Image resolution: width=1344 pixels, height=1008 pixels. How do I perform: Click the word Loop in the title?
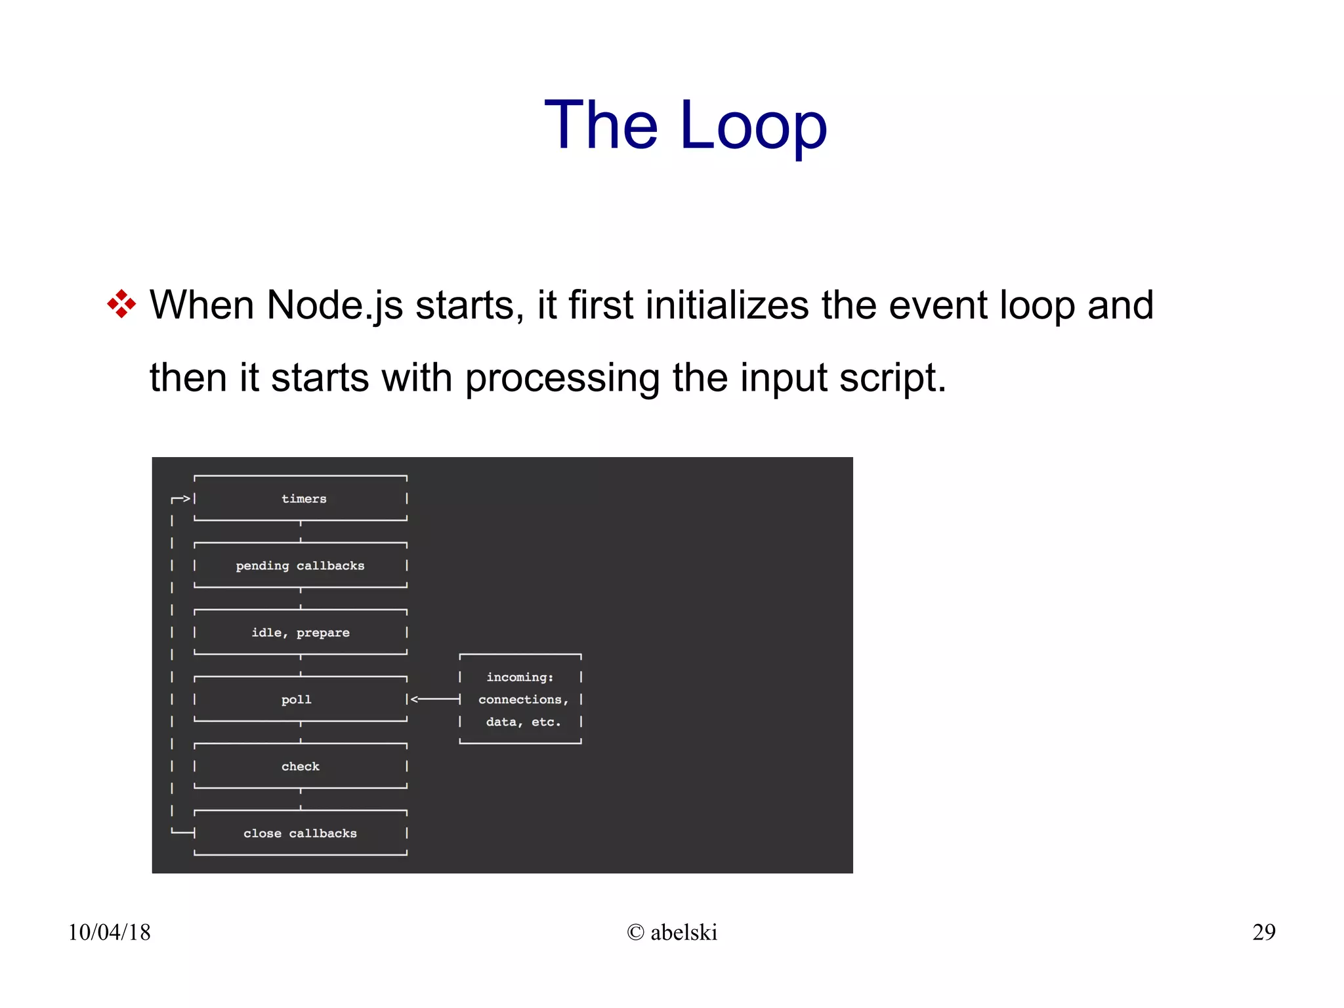pos(753,125)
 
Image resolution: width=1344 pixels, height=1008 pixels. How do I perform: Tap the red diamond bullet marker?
pos(121,305)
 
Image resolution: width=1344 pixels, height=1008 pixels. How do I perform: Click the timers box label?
pos(304,499)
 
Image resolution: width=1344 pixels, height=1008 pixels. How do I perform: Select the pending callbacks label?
pos(300,566)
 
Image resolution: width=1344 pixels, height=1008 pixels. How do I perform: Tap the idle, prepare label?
pos(301,633)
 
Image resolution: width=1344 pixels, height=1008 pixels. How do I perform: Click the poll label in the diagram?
pos(297,700)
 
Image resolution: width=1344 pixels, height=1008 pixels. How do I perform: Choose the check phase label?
pos(301,767)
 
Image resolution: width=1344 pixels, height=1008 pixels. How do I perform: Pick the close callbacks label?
pos(300,834)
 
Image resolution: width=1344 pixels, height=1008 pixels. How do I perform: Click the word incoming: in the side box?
pos(520,678)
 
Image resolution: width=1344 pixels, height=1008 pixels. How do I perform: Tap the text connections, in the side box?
pos(523,700)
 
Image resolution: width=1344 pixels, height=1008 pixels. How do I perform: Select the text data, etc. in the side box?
pos(523,722)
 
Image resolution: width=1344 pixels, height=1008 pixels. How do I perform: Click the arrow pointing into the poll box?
pos(435,699)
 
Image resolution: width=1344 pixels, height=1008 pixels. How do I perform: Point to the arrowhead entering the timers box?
pos(186,499)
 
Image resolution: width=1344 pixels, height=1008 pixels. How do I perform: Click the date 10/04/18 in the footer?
pos(109,932)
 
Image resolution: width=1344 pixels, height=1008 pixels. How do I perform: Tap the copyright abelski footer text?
pos(672,932)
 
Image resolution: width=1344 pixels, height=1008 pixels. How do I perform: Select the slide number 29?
pos(1263,932)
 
